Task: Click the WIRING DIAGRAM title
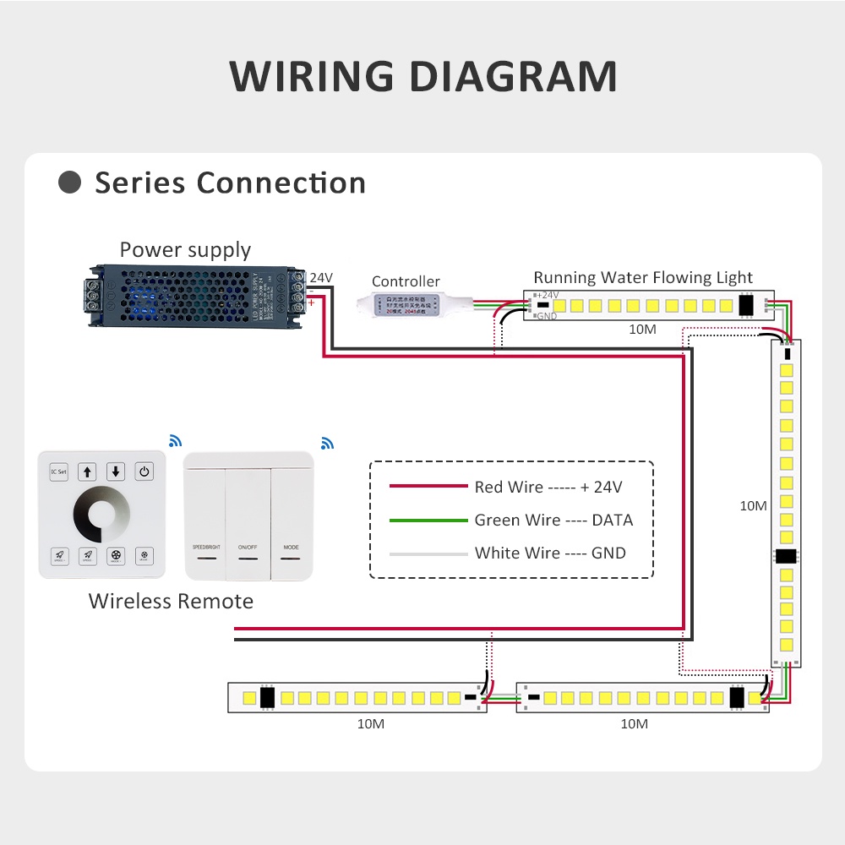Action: coord(422,76)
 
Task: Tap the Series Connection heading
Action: coord(230,183)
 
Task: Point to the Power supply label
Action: coord(185,250)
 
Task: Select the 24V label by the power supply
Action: coord(321,277)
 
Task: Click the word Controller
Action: coord(406,281)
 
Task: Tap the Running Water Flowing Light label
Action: coord(643,277)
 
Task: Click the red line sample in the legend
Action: coord(428,487)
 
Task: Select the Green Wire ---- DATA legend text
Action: coord(553,521)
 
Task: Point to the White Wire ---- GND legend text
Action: coord(550,553)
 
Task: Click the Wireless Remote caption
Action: coord(171,602)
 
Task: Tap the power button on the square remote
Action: coord(144,472)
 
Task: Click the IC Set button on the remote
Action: coord(58,472)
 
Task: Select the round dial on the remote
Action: coord(101,514)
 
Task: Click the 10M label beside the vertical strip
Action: coord(753,506)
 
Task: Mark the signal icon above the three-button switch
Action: coord(327,443)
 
